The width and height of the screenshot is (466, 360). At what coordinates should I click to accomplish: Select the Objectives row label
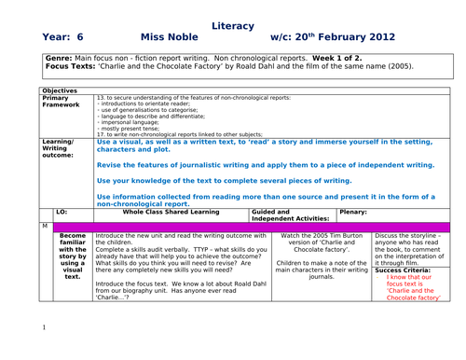coord(62,90)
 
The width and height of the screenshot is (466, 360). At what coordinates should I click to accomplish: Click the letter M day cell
coord(45,227)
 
